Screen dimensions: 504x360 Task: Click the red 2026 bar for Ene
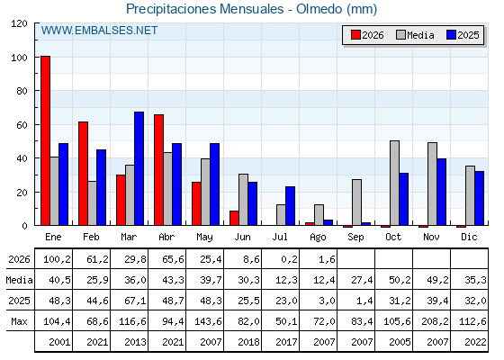click(45, 140)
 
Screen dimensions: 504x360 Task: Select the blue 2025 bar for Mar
click(139, 168)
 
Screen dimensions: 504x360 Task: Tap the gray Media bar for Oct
click(395, 183)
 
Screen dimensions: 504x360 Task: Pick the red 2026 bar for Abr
click(158, 170)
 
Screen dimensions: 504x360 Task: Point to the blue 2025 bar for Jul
click(290, 206)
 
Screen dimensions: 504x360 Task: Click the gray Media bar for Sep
click(356, 202)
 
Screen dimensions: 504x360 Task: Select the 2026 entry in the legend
click(367, 35)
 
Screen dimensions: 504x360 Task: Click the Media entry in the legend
click(415, 35)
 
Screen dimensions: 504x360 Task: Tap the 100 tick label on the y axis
click(19, 58)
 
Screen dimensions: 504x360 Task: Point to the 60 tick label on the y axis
click(22, 125)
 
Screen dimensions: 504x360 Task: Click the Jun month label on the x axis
click(242, 238)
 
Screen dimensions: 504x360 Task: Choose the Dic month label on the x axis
click(469, 237)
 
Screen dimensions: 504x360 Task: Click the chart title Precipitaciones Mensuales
click(204, 9)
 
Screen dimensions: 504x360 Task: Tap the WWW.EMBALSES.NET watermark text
click(99, 31)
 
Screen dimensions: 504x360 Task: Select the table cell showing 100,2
click(58, 259)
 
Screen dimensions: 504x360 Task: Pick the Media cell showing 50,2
click(400, 280)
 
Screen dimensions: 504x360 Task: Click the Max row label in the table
click(19, 321)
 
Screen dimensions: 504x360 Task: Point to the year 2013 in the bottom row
click(135, 342)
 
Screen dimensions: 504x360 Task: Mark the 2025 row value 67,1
click(135, 301)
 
